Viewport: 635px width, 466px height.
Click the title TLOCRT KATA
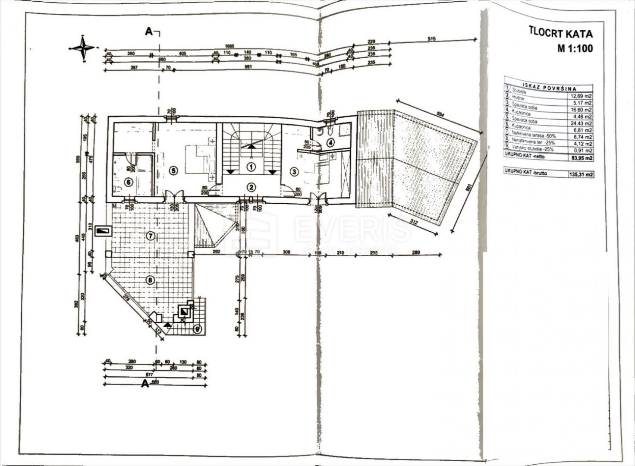[x=561, y=33]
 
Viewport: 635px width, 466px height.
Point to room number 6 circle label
[x=128, y=182]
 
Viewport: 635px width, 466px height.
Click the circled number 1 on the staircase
[x=251, y=166]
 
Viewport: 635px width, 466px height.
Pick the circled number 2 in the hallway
[x=251, y=187]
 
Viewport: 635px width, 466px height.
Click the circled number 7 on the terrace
[x=150, y=236]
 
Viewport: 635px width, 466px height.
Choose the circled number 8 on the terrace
[x=150, y=280]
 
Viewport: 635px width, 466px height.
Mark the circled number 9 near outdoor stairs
[x=198, y=329]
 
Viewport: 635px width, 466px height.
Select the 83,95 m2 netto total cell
[x=580, y=157]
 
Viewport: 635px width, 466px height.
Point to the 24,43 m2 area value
[x=581, y=123]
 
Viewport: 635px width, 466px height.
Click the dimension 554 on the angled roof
[x=440, y=115]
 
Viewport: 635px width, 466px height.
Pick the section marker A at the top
[x=149, y=31]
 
